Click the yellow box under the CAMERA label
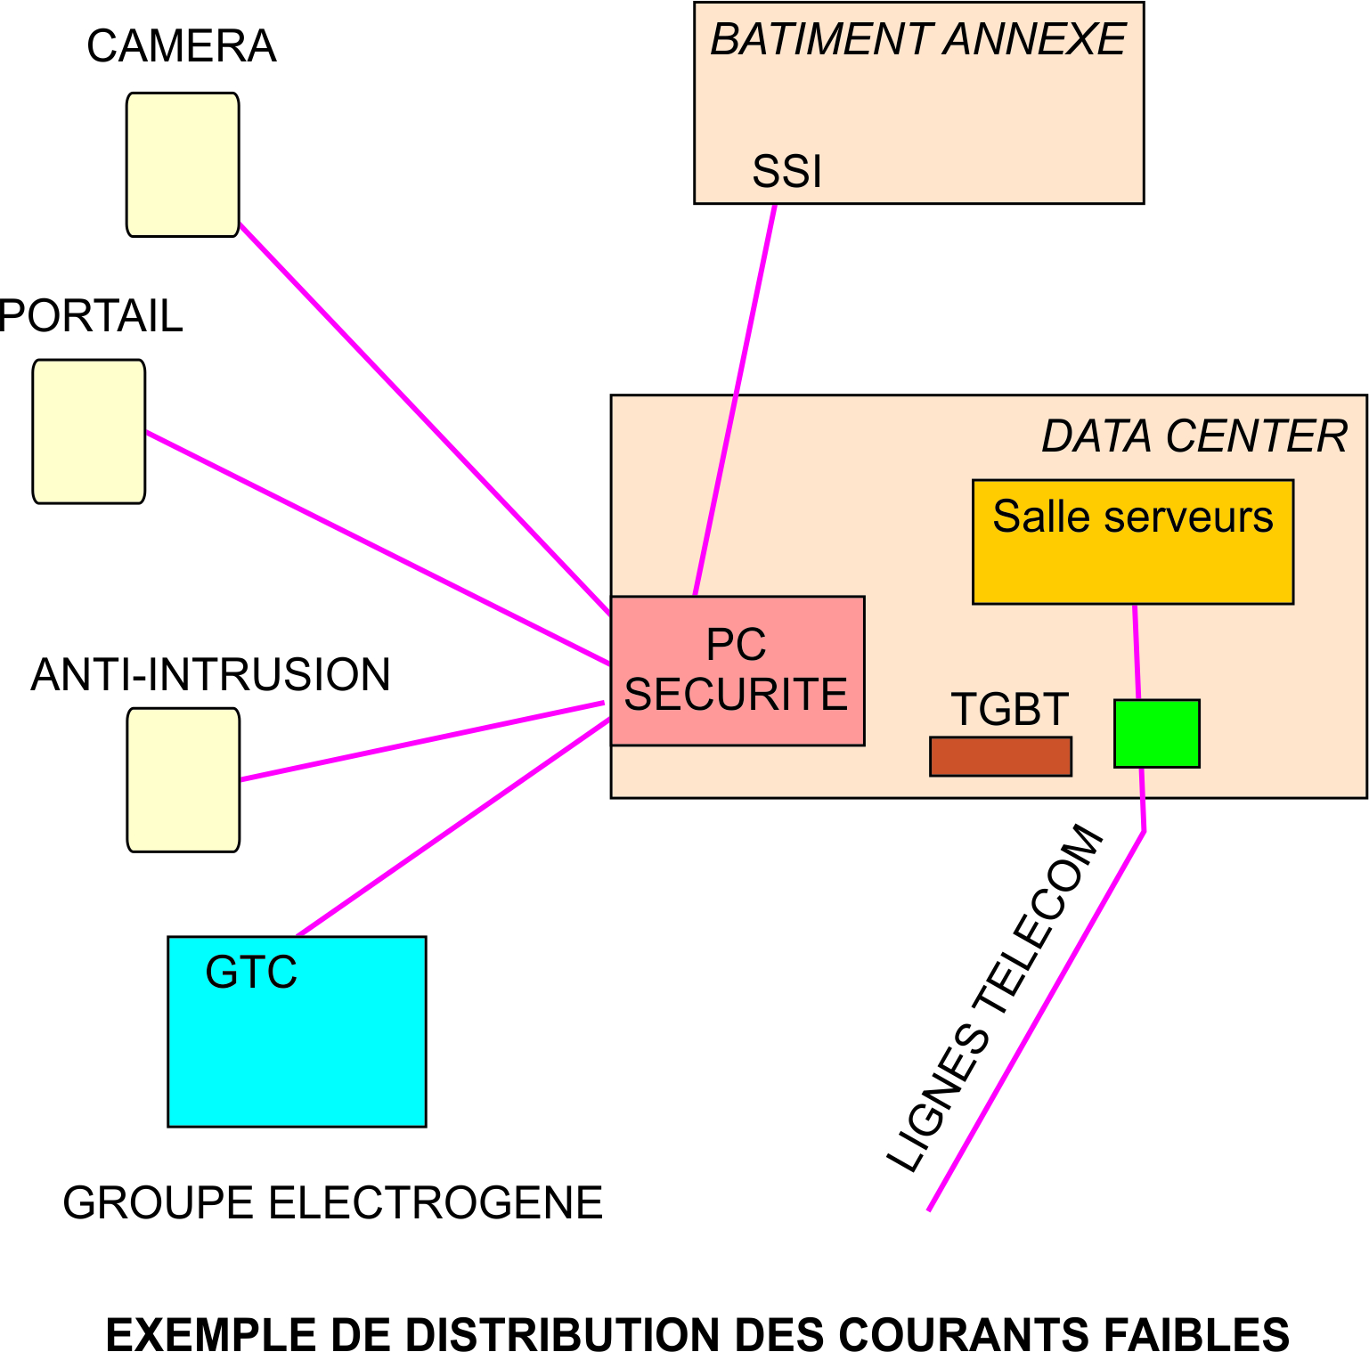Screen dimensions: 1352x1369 tap(183, 165)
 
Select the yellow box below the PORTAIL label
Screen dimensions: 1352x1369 tap(89, 432)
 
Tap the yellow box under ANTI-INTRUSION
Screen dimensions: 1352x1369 tap(183, 780)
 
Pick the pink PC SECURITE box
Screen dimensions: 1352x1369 tap(737, 671)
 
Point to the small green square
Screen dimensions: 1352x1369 tap(1157, 733)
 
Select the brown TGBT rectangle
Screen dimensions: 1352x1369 tap(1000, 756)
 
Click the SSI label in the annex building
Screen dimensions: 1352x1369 tap(786, 171)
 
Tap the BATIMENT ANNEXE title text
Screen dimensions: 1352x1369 tap(917, 40)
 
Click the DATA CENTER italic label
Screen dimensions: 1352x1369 tap(1194, 436)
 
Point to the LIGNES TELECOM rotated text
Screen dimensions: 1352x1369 tap(996, 998)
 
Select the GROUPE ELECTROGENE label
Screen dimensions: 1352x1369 tap(332, 1202)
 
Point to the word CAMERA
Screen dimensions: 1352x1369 tap(182, 46)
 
